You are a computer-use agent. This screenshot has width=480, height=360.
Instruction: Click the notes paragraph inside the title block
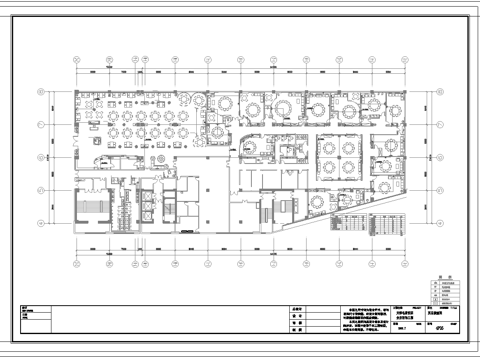coord(350,323)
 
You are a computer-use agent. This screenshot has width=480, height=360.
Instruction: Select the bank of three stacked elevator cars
coord(122,204)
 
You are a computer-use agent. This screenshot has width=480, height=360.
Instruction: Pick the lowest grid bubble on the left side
coord(40,222)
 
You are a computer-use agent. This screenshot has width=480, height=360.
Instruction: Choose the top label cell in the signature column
coord(299,310)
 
